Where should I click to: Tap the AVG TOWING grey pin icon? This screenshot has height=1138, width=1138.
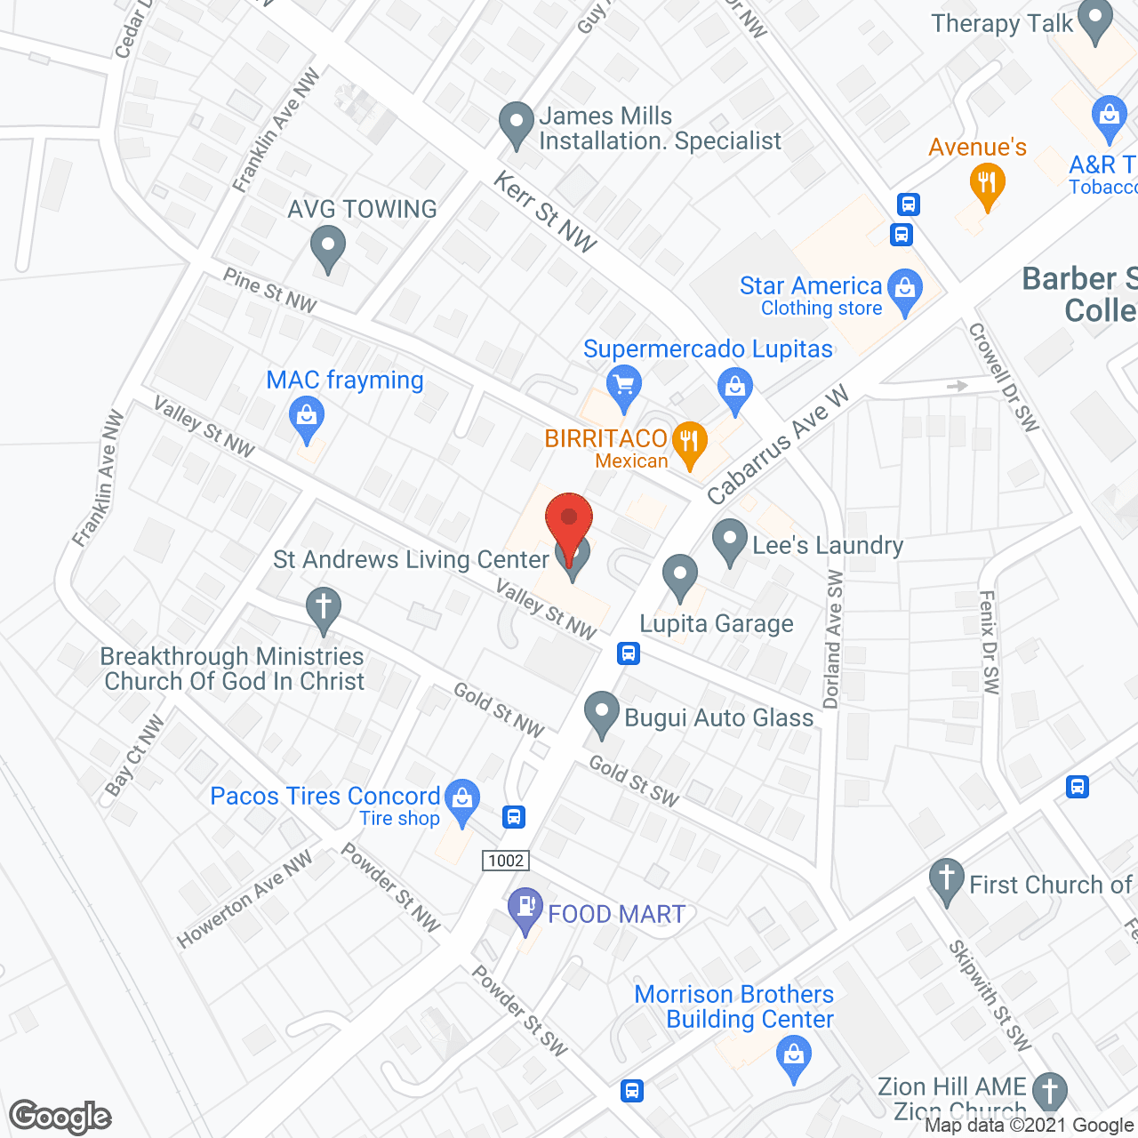click(x=328, y=248)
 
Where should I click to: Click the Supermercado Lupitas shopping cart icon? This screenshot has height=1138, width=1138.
click(x=624, y=387)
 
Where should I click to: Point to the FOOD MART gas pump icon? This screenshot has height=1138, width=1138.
click(x=525, y=909)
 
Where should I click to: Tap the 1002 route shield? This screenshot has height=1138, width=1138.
click(x=506, y=860)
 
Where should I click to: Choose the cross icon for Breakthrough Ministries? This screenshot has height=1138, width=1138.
click(x=324, y=610)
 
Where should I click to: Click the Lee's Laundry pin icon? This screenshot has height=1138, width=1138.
click(x=730, y=541)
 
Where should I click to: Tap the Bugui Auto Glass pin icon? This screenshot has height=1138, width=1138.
click(x=602, y=713)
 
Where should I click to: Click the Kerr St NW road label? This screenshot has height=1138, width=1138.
click(x=544, y=212)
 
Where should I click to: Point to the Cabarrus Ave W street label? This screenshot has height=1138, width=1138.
click(x=778, y=446)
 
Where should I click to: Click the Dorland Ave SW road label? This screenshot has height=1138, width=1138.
click(x=833, y=640)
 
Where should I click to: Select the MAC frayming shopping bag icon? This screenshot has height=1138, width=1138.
click(x=307, y=419)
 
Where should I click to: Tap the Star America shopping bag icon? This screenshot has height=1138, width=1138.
click(x=905, y=291)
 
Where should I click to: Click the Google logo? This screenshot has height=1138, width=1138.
click(x=60, y=1117)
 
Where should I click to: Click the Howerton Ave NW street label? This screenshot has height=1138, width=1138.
click(x=244, y=899)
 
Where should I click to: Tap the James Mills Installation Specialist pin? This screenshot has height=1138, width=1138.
click(x=516, y=124)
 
